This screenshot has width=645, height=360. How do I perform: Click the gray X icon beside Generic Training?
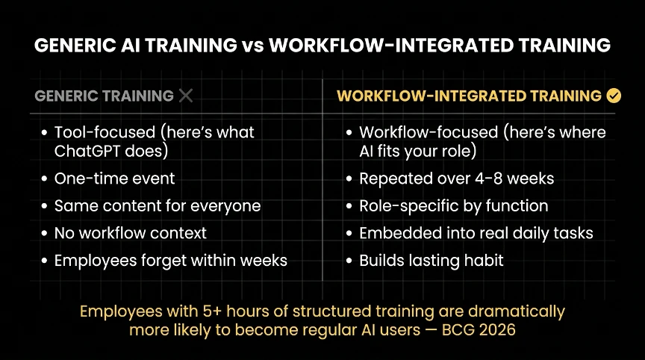186,96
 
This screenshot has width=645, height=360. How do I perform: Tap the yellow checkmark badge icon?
614,96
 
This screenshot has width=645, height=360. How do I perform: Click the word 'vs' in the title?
252,46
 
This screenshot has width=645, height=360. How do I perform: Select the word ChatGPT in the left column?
87,151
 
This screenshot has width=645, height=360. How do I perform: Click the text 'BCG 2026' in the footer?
479,330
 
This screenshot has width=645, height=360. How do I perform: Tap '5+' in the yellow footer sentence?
212,311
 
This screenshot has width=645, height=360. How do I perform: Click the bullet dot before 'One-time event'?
45,179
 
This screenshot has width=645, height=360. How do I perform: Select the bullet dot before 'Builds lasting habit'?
349,261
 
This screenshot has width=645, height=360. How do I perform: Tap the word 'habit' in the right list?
484,261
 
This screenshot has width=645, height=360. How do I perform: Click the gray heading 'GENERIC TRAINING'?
104,96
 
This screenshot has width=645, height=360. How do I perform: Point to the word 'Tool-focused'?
105,132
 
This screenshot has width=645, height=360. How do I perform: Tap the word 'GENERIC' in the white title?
75,46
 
